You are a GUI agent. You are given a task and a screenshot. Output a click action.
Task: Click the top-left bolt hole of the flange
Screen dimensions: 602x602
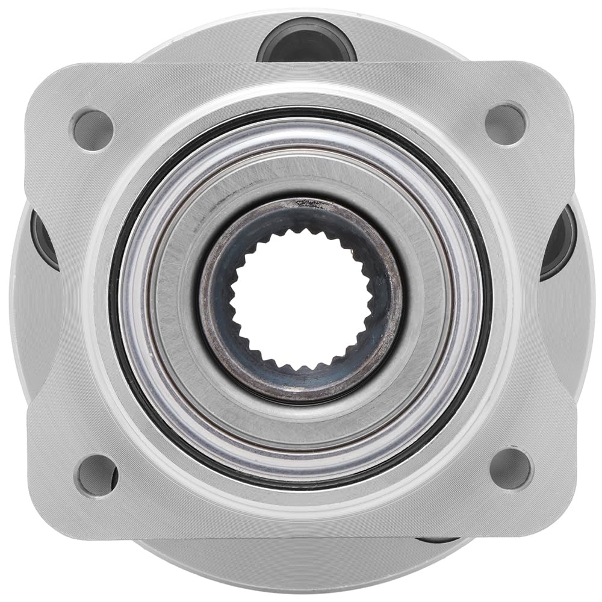93,129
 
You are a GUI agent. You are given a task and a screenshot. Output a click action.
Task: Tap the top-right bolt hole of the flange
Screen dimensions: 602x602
506,125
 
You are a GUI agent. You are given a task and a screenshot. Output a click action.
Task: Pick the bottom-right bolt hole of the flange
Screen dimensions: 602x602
510,468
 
